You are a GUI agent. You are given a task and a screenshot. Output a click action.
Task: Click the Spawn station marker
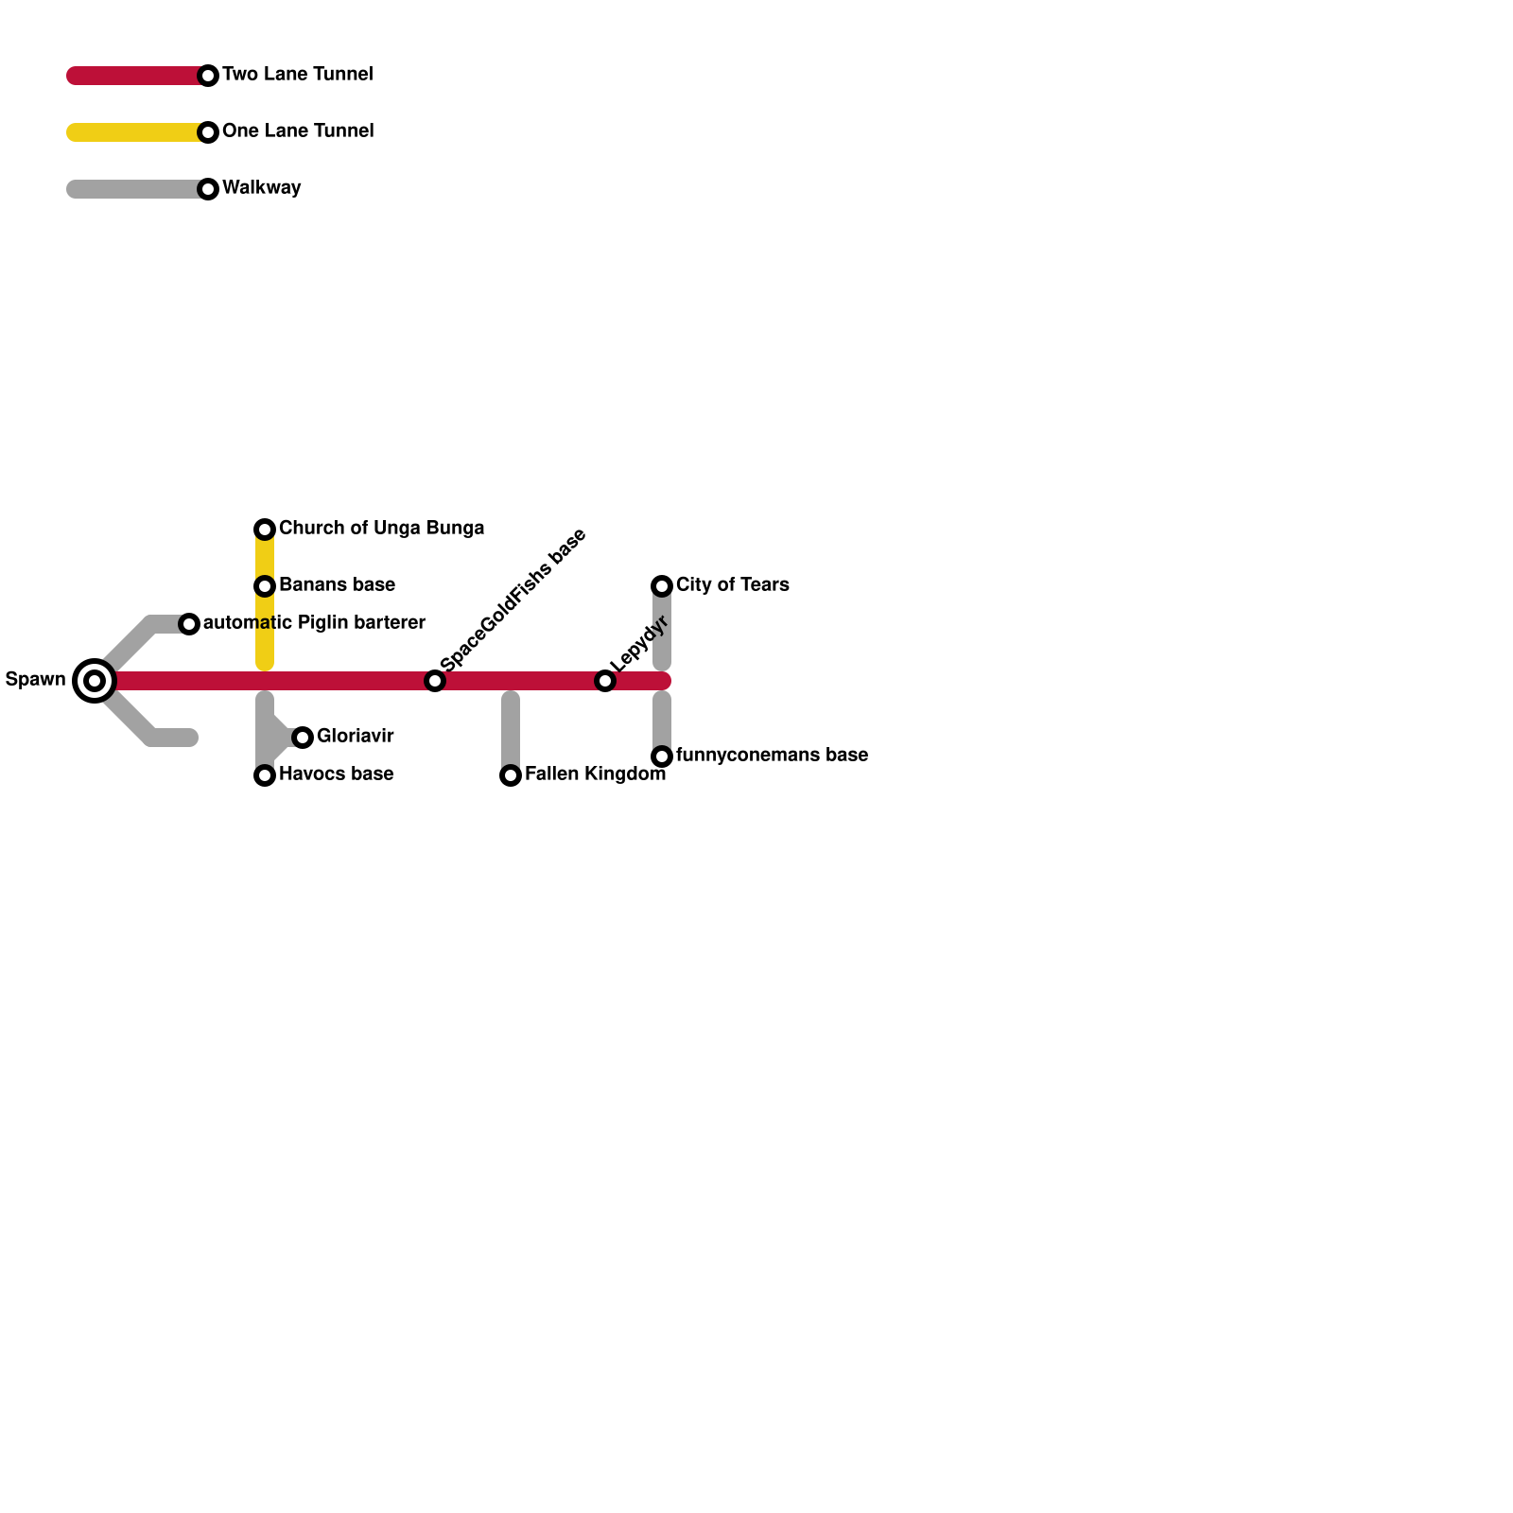(95, 681)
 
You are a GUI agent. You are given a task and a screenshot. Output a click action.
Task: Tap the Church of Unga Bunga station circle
(265, 530)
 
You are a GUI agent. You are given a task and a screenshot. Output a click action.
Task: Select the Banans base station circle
(265, 586)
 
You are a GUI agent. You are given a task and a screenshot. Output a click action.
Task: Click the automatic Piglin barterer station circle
(189, 624)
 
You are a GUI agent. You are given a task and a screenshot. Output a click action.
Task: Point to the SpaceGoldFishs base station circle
(435, 681)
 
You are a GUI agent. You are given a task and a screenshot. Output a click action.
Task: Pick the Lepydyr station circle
(605, 681)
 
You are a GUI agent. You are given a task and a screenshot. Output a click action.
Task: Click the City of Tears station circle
(662, 586)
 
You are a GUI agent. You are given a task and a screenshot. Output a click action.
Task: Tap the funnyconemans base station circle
(662, 756)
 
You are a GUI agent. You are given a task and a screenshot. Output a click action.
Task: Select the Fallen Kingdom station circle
(511, 775)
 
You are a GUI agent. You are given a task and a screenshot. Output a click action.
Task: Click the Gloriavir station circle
(303, 738)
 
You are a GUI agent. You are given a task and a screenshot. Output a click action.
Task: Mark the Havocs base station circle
(265, 775)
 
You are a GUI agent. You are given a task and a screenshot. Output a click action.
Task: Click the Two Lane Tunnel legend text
(297, 75)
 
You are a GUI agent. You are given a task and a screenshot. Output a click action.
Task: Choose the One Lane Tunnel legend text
(297, 131)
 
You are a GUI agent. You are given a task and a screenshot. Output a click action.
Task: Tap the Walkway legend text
(261, 188)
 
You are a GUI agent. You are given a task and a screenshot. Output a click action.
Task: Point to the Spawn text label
(35, 680)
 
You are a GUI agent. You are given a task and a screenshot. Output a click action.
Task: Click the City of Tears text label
(732, 585)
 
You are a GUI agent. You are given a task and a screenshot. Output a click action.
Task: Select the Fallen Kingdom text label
(595, 774)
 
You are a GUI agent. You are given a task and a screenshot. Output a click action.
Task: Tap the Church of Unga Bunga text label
(381, 529)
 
